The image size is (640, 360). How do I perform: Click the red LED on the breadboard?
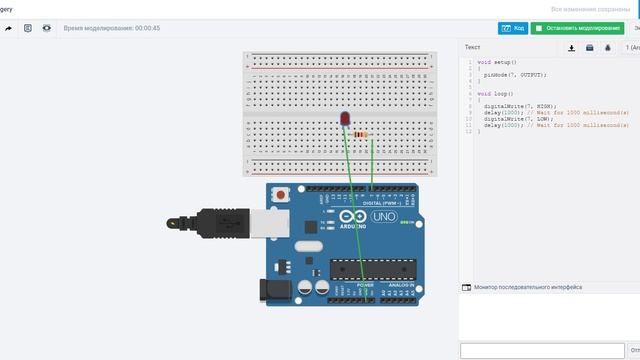[345, 120]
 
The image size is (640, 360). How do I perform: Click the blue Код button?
[512, 28]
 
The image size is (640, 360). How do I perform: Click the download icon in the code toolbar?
[571, 47]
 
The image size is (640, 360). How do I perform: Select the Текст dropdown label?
[473, 47]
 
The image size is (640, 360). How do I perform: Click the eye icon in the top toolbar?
[47, 28]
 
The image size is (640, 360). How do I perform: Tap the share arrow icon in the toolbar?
[9, 28]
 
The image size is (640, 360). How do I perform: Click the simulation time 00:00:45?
[112, 28]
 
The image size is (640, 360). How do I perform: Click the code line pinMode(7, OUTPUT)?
[515, 74]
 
